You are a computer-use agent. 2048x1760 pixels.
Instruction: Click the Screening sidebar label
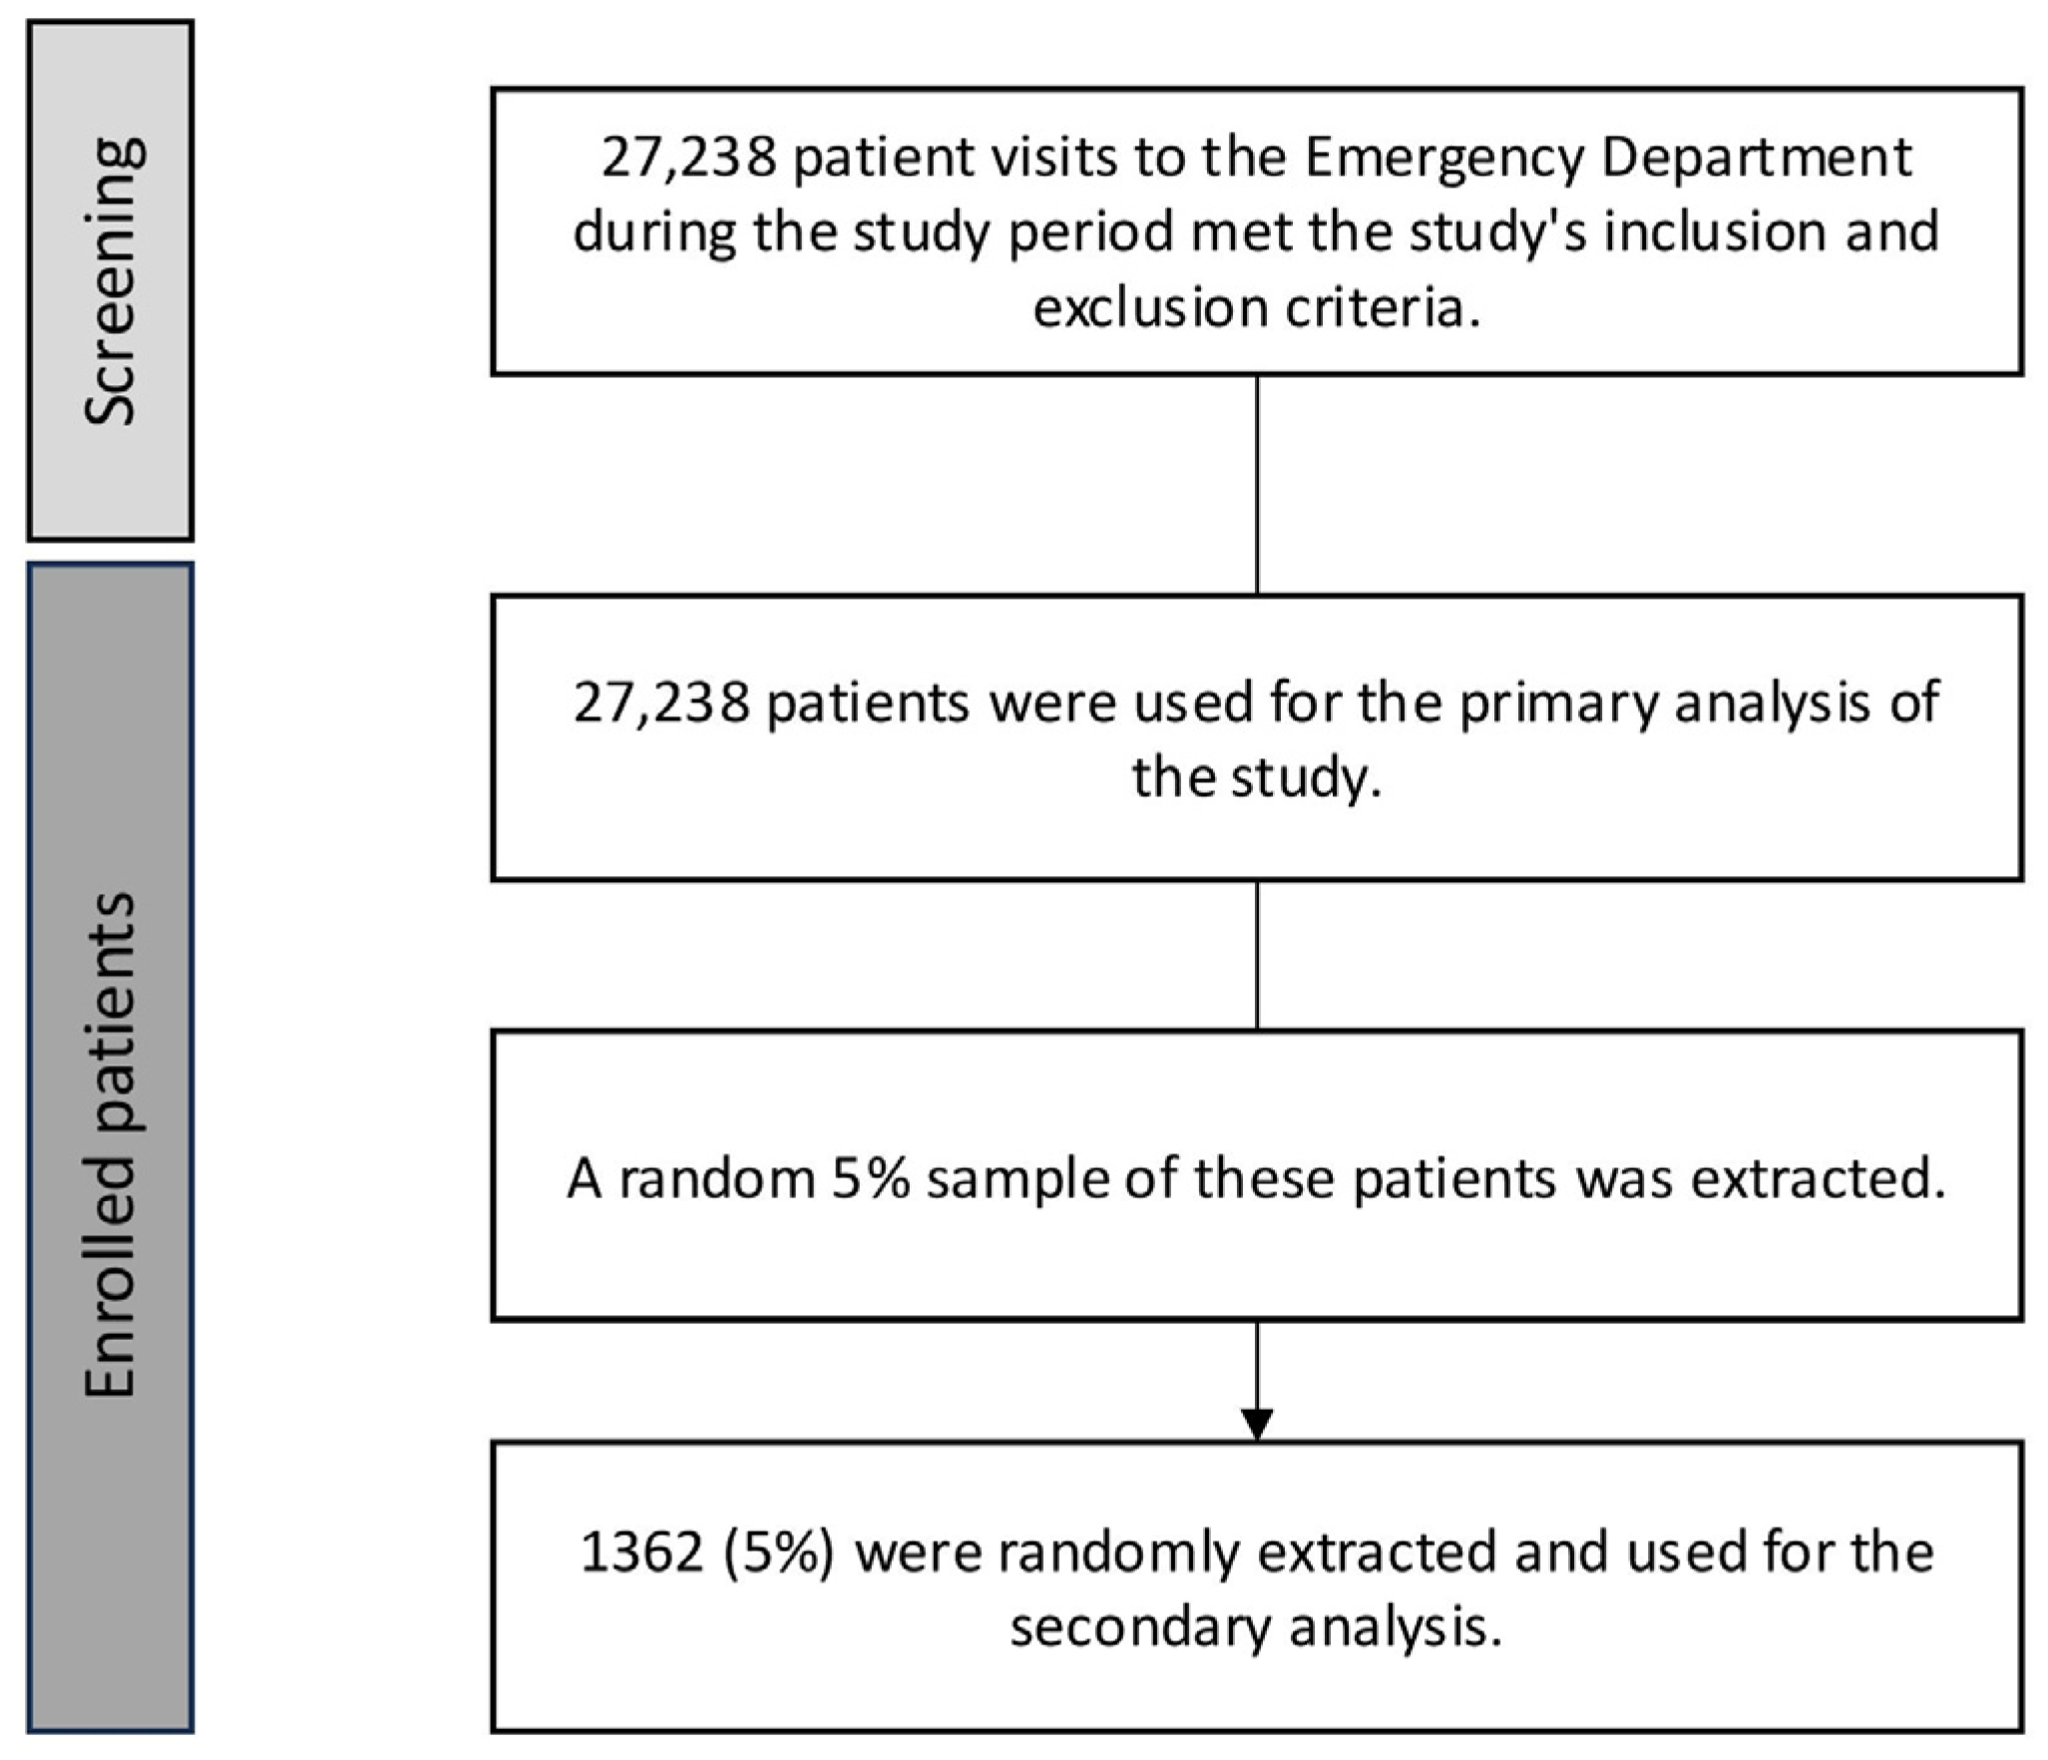pos(112,281)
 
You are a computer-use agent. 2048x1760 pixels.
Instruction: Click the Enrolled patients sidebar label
pos(110,1145)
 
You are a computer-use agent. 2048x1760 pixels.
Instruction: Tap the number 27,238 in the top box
pos(688,158)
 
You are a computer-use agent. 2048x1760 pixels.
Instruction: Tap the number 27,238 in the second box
pos(660,702)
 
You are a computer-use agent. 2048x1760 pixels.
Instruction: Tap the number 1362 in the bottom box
pos(642,1553)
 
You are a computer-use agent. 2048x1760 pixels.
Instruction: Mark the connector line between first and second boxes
pos(1257,485)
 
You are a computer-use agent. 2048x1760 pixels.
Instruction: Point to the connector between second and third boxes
pos(1257,955)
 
